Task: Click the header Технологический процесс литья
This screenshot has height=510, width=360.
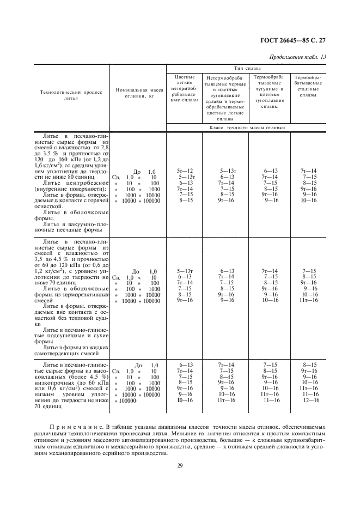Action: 71,96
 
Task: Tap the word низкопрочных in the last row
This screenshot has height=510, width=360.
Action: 58,383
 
